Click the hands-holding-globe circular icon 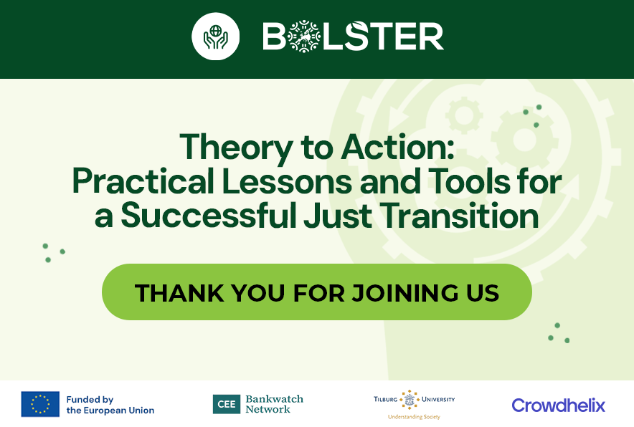point(214,37)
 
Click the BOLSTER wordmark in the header point(353,37)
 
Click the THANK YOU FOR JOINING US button point(316,292)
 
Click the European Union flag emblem point(40,405)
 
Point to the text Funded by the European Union point(110,405)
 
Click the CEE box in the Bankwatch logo point(227,405)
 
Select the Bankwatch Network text point(274,405)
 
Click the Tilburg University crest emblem point(410,400)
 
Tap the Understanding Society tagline point(414,417)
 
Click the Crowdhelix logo point(558,406)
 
